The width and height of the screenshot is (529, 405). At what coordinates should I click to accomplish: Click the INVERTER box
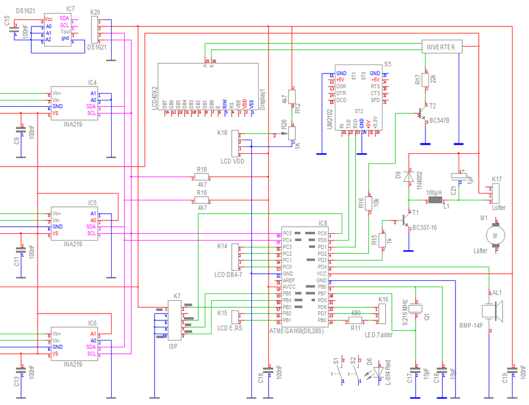(442, 47)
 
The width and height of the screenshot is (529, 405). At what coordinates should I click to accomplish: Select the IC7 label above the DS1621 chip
(70, 9)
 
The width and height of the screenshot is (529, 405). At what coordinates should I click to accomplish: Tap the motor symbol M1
(496, 235)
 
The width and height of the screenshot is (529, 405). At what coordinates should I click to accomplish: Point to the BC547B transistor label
(440, 121)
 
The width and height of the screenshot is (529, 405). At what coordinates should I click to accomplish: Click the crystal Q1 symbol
(417, 308)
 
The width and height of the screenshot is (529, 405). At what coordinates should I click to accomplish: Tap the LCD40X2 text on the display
(154, 97)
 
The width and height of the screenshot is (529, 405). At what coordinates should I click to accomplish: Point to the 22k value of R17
(433, 79)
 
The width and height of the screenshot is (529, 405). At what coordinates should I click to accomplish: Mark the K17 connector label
(497, 179)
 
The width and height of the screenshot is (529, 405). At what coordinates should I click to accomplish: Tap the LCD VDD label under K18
(232, 161)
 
